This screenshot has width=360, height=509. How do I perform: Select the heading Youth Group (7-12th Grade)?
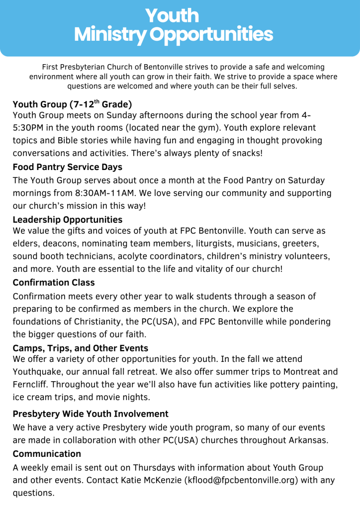pyautogui.click(x=72, y=104)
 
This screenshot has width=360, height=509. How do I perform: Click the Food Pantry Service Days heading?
pyautogui.click(x=67, y=167)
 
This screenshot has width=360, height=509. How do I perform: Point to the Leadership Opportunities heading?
pyautogui.click(x=67, y=219)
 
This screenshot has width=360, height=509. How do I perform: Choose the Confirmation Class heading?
pyautogui.click(x=54, y=282)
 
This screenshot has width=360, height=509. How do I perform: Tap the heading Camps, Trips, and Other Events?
pyautogui.click(x=81, y=348)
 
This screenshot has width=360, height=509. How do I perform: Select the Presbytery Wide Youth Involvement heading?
pyautogui.click(x=90, y=414)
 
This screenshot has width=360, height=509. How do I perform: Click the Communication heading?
pyautogui.click(x=47, y=454)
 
